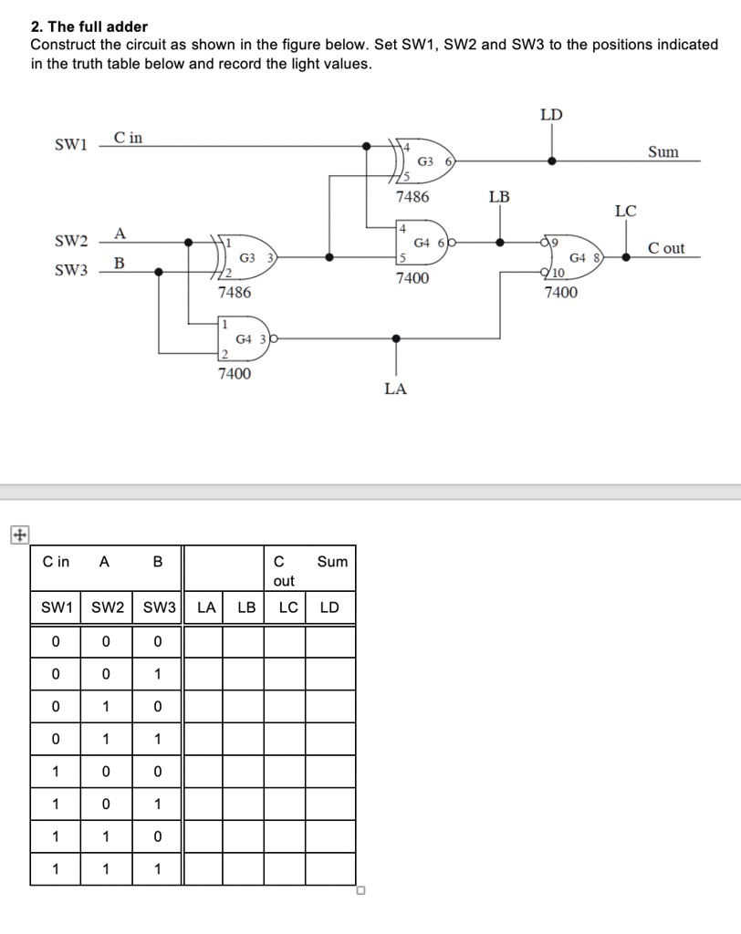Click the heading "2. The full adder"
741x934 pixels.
pos(89,26)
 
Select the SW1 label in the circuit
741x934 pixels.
pos(70,145)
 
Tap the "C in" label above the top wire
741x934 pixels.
pos(128,138)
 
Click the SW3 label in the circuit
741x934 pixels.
pos(71,272)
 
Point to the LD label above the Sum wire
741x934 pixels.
pos(551,115)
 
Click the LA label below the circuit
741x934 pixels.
pos(395,389)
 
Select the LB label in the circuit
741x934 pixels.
pos(499,197)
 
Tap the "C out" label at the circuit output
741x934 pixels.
pos(665,248)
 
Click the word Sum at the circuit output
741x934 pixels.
pos(663,151)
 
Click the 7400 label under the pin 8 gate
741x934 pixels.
pos(560,293)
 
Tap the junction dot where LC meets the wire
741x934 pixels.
pos(626,257)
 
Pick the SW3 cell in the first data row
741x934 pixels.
pos(157,642)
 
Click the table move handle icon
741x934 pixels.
pos(16,535)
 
